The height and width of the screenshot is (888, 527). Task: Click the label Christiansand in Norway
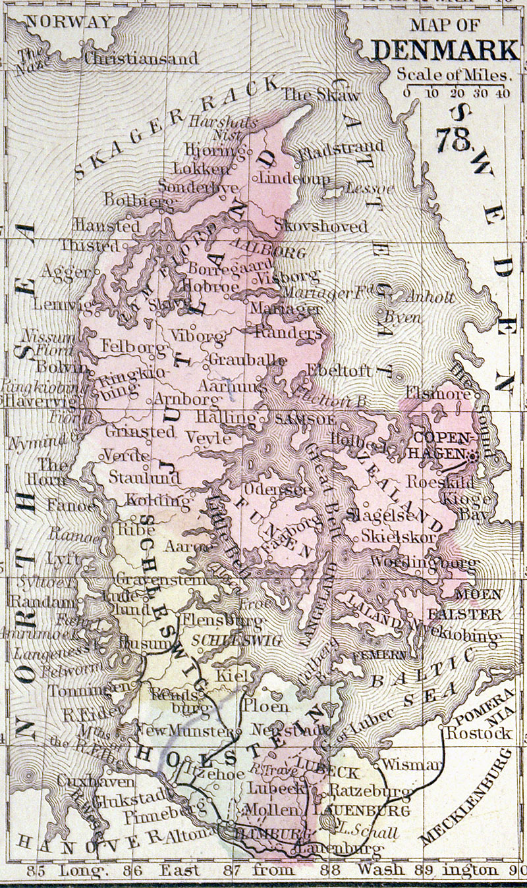pos(140,58)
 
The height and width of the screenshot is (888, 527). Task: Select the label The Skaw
pos(321,95)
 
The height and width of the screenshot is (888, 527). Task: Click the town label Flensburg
pos(221,619)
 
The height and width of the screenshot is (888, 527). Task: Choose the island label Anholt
pos(431,297)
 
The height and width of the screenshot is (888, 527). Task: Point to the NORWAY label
pos(69,21)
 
